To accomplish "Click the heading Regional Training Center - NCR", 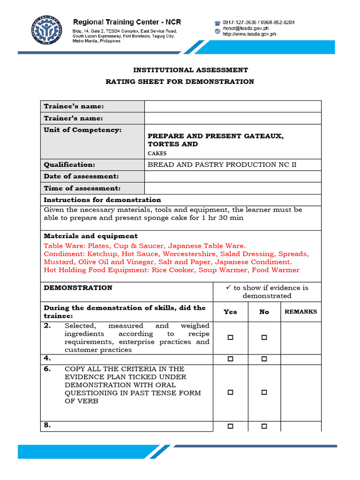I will pyautogui.click(x=127, y=22).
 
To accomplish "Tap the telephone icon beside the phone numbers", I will pyautogui.click(x=217, y=22).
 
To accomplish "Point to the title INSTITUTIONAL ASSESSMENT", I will pyautogui.click(x=190, y=70).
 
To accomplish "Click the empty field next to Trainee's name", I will pyautogui.click(x=232, y=106).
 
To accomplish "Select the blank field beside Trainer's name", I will pyautogui.click(x=232, y=118).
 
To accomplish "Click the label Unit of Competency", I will pyautogui.click(x=82, y=130).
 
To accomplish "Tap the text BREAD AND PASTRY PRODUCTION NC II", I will pyautogui.click(x=222, y=165).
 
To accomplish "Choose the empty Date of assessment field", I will pyautogui.click(x=232, y=176).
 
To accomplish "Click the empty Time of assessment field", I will pyautogui.click(x=232, y=188).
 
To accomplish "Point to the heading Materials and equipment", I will pyautogui.click(x=90, y=236).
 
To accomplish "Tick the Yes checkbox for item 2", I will pyautogui.click(x=230, y=337).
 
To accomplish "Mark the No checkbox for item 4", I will pyautogui.click(x=264, y=359).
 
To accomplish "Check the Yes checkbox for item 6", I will pyautogui.click(x=230, y=392).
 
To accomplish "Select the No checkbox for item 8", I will pyautogui.click(x=264, y=426).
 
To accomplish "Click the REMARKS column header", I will pyautogui.click(x=300, y=311).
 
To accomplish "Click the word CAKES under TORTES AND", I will pyautogui.click(x=157, y=153).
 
